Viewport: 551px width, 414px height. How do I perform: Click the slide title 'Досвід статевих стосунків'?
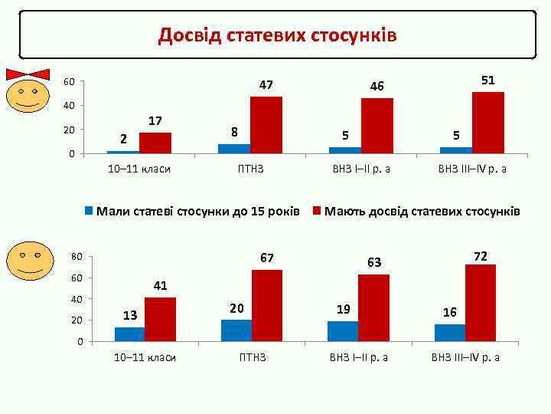(277, 35)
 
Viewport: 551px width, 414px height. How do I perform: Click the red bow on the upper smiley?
(28, 74)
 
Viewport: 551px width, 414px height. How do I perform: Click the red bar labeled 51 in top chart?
(487, 123)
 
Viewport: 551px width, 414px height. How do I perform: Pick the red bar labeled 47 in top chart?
(266, 125)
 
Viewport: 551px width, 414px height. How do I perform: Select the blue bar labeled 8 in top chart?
(233, 149)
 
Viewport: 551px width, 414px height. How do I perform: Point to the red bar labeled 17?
(155, 143)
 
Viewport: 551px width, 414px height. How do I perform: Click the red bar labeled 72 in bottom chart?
(480, 303)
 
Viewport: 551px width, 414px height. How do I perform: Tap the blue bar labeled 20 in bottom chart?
(236, 330)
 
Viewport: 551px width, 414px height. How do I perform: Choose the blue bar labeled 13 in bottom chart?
(129, 334)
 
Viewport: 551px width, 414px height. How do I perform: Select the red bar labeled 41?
(160, 319)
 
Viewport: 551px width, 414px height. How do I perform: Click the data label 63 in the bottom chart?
(374, 263)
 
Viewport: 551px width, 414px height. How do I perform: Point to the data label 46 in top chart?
(377, 87)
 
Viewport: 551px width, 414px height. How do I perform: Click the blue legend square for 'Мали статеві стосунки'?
(89, 210)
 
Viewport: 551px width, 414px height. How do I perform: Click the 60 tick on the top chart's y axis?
(69, 82)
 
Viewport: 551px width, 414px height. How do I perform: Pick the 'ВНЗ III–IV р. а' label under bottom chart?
(465, 357)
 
